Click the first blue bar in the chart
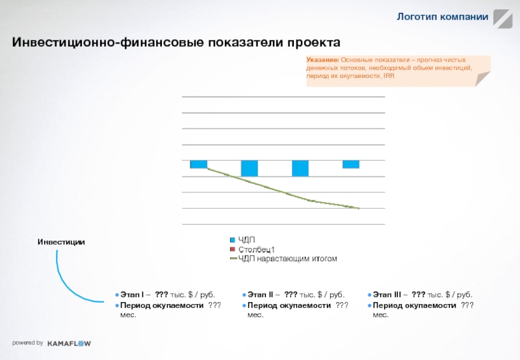click(x=198, y=164)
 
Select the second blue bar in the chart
click(x=249, y=168)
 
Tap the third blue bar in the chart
click(x=300, y=168)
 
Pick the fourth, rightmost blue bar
click(x=351, y=164)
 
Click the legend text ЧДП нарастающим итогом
click(x=287, y=259)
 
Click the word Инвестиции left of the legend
click(x=61, y=242)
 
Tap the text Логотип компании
click(x=443, y=16)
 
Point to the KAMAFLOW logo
click(x=69, y=343)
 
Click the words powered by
click(x=27, y=342)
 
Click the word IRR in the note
click(x=389, y=76)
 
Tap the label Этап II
click(x=261, y=294)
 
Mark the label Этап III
click(x=390, y=294)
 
